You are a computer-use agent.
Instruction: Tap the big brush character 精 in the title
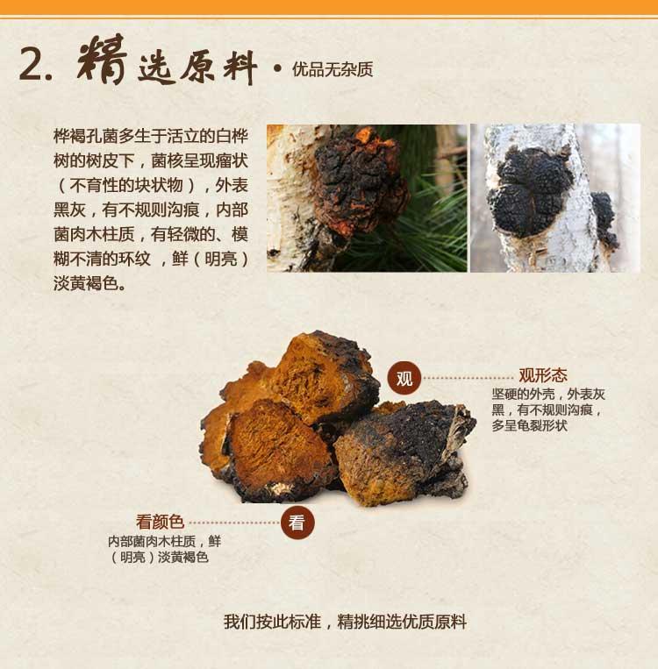pos(103,59)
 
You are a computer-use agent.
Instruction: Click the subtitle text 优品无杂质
pos(333,69)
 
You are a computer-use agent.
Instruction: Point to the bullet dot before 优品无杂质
pos(277,68)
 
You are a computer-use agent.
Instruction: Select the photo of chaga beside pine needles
pos(367,198)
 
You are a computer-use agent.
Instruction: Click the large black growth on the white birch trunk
pos(530,191)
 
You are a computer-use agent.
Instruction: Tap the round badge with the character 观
pos(404,378)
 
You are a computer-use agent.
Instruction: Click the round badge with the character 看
pos(297,523)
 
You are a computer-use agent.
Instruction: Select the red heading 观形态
pos(543,375)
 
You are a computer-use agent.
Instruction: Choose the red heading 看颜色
pos(161,522)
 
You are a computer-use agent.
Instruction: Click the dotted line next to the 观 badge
pos(468,378)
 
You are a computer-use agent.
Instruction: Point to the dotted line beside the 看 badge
pos(234,523)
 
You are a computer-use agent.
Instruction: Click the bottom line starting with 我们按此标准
pos(345,622)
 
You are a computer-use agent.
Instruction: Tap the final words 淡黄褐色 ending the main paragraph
pos(86,283)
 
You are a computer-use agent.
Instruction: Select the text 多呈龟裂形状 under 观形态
pos(530,426)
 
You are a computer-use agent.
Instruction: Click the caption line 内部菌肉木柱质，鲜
pos(164,542)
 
